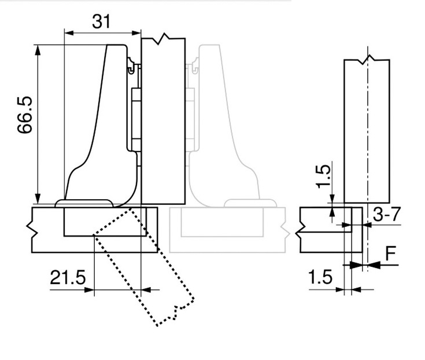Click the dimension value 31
click(x=101, y=21)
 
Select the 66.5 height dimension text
click(x=25, y=115)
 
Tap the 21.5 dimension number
click(x=68, y=277)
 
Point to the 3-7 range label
click(x=386, y=214)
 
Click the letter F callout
click(x=391, y=253)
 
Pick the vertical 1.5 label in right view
click(x=324, y=177)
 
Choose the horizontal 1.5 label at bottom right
click(x=320, y=277)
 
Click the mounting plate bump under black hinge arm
click(x=84, y=204)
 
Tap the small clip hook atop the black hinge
click(x=131, y=65)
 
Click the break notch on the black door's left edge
click(x=32, y=230)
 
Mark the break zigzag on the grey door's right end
click(x=285, y=230)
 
